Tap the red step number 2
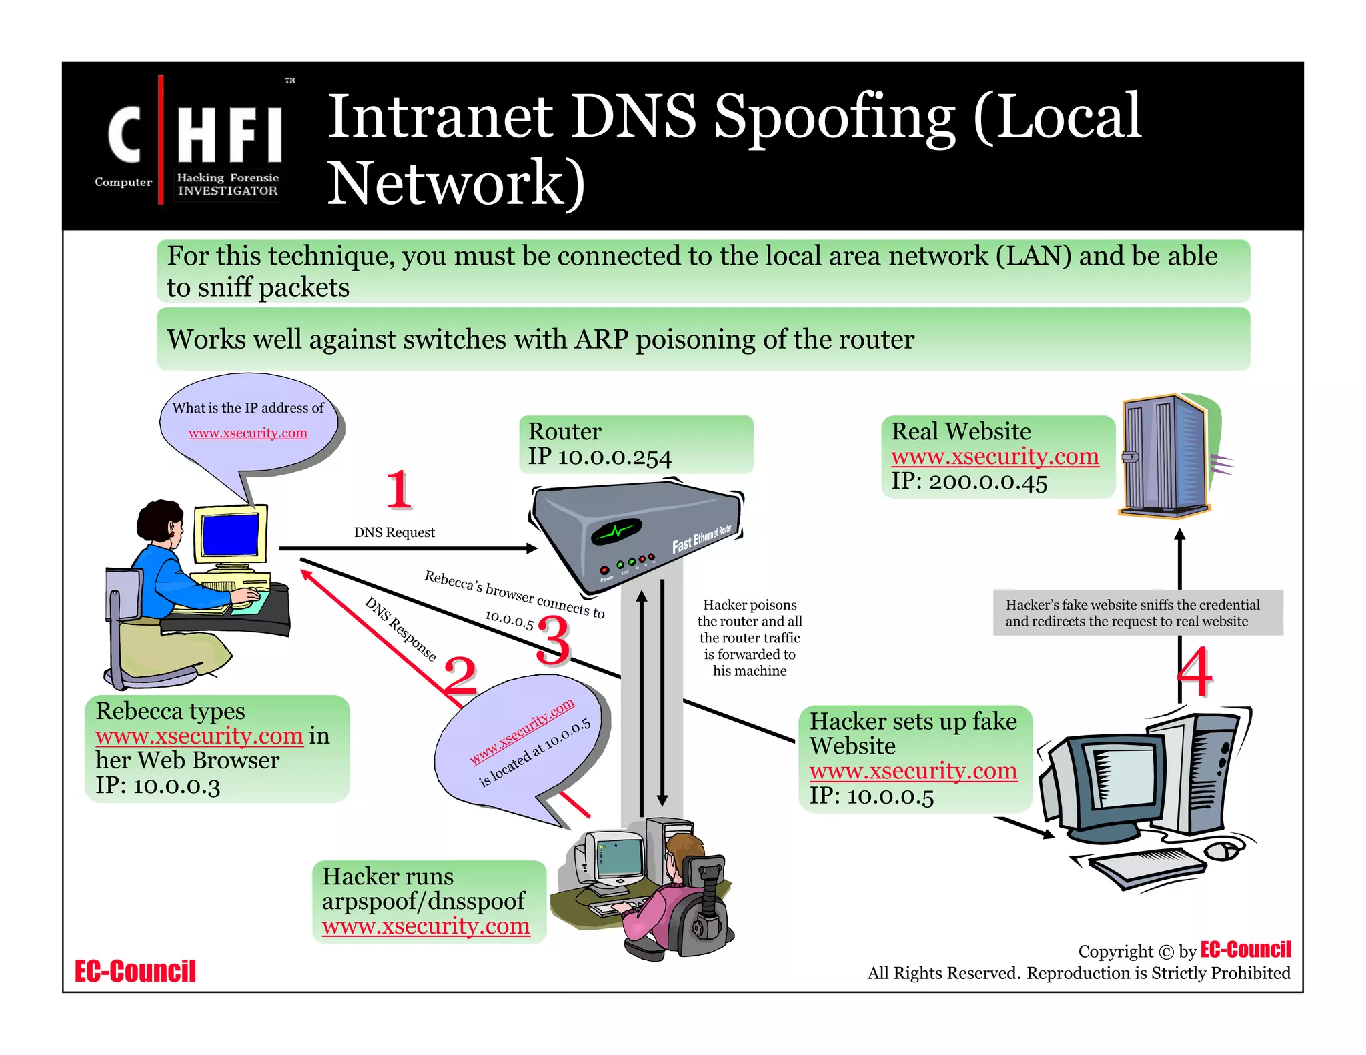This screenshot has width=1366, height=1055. (460, 675)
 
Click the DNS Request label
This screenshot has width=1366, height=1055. (394, 532)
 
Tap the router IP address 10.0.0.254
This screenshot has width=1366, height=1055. (614, 457)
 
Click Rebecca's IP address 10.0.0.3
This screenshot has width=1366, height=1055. (176, 786)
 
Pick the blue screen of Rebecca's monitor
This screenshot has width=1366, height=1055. (230, 535)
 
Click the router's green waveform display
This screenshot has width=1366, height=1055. (616, 532)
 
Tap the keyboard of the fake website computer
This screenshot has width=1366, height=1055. (1148, 867)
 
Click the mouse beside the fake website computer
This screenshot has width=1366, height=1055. (1224, 850)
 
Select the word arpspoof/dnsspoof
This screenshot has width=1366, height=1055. (424, 901)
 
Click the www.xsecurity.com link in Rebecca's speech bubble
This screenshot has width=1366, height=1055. (247, 433)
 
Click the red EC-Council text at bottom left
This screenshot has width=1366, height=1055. (135, 971)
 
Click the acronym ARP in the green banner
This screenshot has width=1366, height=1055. (602, 339)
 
